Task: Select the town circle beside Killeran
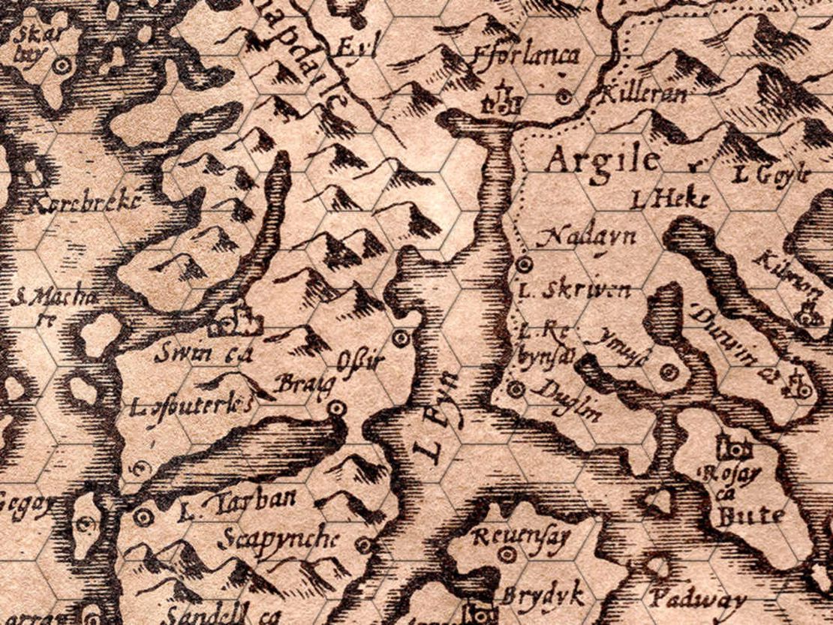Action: [565, 96]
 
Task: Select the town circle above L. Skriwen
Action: [524, 263]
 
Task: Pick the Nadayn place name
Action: [588, 236]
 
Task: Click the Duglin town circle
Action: [515, 389]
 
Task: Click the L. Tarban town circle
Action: [143, 517]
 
